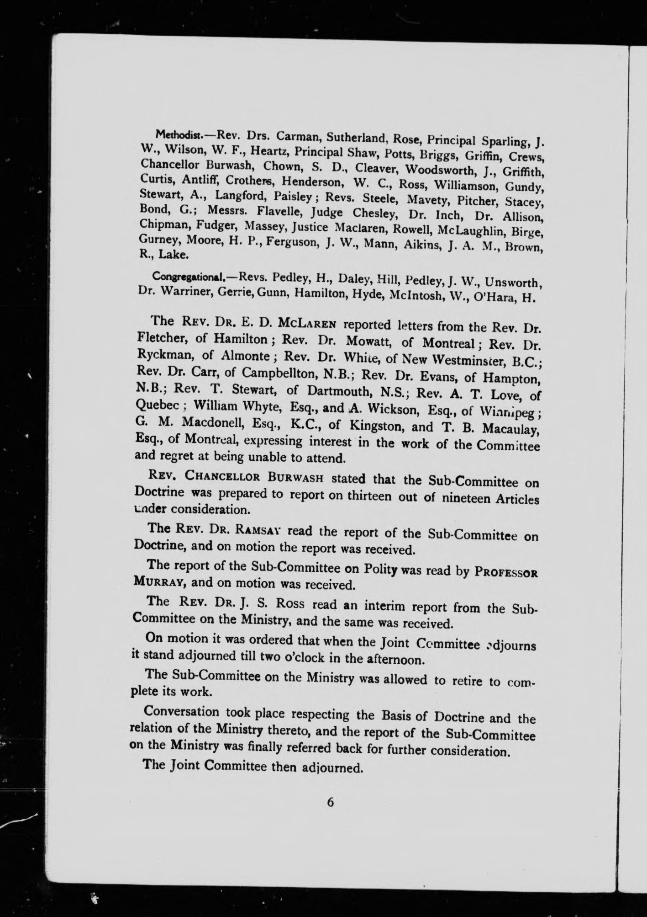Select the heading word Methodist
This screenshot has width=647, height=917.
pyautogui.click(x=174, y=134)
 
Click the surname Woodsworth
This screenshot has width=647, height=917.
pyautogui.click(x=446, y=170)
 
